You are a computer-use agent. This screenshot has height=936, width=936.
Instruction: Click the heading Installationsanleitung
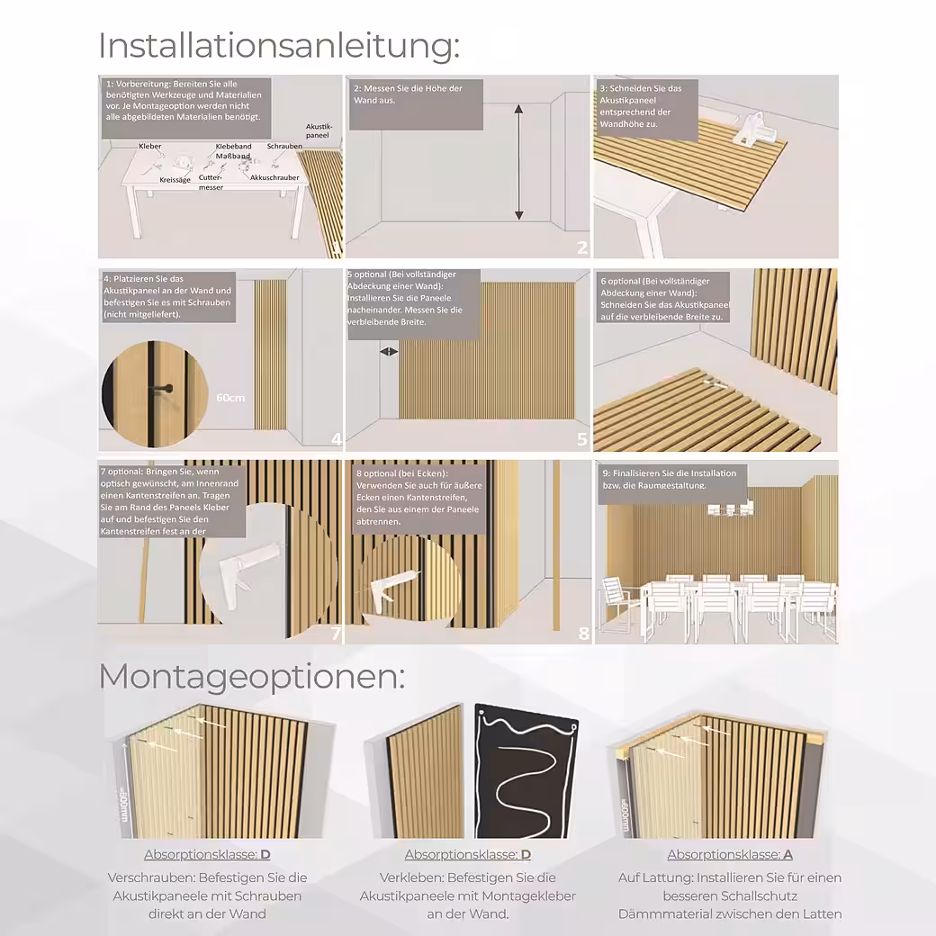coord(278,45)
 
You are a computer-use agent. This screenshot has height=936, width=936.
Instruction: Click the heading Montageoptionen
coord(251,677)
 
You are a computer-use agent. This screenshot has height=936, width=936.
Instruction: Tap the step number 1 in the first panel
coord(336,249)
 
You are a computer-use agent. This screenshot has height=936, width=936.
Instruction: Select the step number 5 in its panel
coord(582,439)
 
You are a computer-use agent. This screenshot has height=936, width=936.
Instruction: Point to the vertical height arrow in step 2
coord(518,162)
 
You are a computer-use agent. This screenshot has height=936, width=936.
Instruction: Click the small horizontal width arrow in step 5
coord(390,351)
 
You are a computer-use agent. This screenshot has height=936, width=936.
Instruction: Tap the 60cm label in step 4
coord(230,397)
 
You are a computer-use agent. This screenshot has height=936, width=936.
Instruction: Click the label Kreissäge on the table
coord(175,180)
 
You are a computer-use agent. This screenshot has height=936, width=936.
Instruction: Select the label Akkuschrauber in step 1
coord(274,178)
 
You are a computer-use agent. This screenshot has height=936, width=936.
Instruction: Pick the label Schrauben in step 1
coord(284,146)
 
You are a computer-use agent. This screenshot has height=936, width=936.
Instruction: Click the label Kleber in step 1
coord(149,146)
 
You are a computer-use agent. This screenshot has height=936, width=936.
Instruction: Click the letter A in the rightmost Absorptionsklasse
coord(787,855)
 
